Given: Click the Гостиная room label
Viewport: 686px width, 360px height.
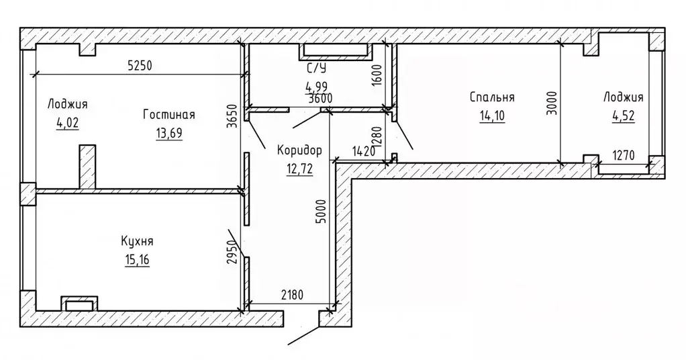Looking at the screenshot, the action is point(169,115).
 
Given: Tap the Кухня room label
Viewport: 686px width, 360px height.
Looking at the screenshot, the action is point(137,241).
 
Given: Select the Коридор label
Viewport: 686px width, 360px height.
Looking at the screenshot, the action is point(299,150).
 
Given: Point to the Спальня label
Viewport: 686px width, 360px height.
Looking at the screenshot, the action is point(492,97).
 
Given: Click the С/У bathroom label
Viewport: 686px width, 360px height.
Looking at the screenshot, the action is point(316,68).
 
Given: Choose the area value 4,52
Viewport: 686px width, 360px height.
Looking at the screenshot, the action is point(623,116).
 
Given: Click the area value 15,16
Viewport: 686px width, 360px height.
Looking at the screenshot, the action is point(137,260).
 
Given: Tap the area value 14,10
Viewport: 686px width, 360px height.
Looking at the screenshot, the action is point(492,116).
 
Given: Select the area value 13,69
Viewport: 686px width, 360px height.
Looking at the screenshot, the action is point(169,133).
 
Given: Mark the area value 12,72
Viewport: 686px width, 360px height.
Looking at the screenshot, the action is point(299,169).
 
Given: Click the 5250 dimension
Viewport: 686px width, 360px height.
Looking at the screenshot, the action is point(140,66).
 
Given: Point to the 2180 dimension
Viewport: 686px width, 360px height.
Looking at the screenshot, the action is point(292,295).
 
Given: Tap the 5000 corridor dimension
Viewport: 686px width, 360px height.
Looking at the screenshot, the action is point(322,212).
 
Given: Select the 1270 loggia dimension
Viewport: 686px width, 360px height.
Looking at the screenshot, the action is point(623,155).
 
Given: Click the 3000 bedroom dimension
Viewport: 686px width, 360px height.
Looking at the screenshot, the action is point(552,103).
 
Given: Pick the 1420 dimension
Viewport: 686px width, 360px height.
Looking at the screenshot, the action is point(364,152).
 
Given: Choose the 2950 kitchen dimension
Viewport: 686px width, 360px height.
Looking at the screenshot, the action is point(233,253).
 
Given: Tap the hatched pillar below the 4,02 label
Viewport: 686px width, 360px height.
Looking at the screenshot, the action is point(87,167).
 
